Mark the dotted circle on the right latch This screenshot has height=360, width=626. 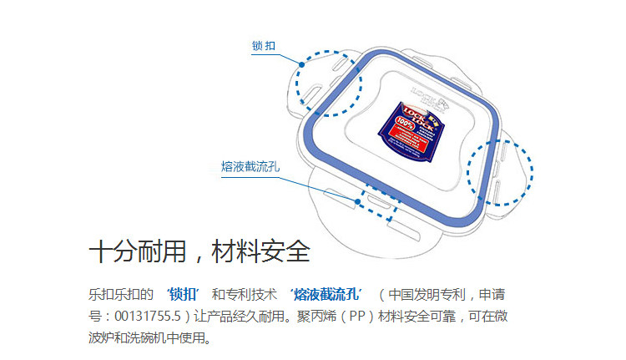click(x=498, y=171)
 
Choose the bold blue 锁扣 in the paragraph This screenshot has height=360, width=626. click(x=182, y=295)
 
